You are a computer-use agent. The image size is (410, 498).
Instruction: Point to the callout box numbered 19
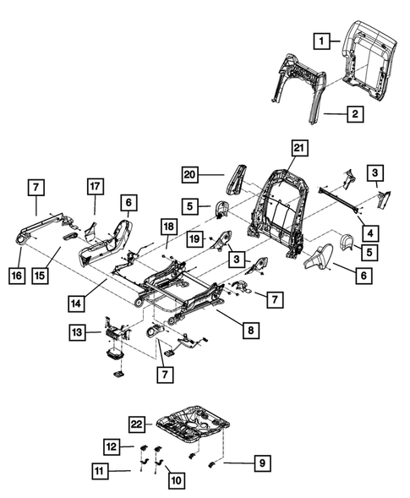[194, 239]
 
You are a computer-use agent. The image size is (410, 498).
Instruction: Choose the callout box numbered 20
[193, 175]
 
